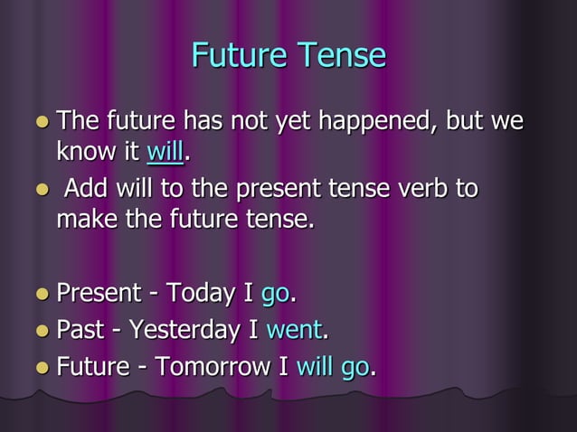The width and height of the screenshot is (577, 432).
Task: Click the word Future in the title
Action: pos(234,56)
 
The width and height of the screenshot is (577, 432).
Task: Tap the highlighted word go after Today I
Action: pos(275,294)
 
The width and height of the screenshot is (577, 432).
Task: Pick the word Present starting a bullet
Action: pos(99,294)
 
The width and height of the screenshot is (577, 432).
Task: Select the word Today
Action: pos(202,294)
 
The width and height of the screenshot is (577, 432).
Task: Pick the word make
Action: pos(85,220)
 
